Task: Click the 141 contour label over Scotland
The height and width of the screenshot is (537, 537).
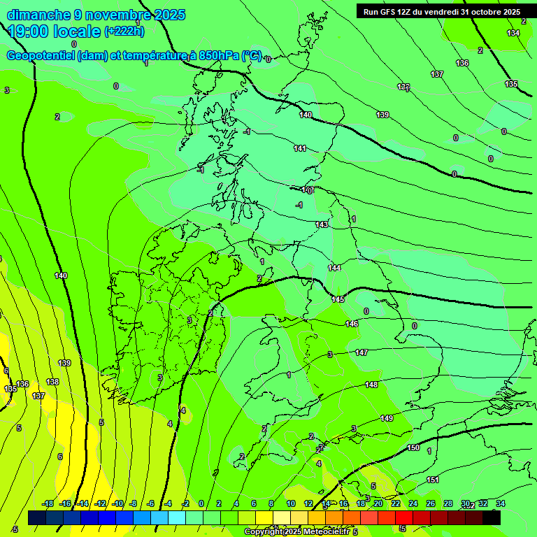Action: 300,148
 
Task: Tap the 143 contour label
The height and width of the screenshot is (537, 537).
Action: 322,224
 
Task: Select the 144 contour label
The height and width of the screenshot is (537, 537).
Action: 335,268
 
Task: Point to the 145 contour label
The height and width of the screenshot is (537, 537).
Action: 338,299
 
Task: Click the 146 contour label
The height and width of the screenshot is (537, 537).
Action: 352,324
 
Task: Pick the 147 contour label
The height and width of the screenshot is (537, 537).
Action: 361,353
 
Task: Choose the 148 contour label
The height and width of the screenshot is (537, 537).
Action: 371,385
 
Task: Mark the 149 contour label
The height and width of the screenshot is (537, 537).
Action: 387,418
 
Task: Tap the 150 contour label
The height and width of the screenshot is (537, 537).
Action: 413,447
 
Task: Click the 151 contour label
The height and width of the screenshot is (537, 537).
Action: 433,480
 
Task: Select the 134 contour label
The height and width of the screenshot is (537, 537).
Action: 513,33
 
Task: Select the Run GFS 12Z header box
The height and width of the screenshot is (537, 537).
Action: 441,11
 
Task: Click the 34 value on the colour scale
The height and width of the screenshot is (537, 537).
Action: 500,503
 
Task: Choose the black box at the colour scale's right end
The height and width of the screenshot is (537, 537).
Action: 492,517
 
